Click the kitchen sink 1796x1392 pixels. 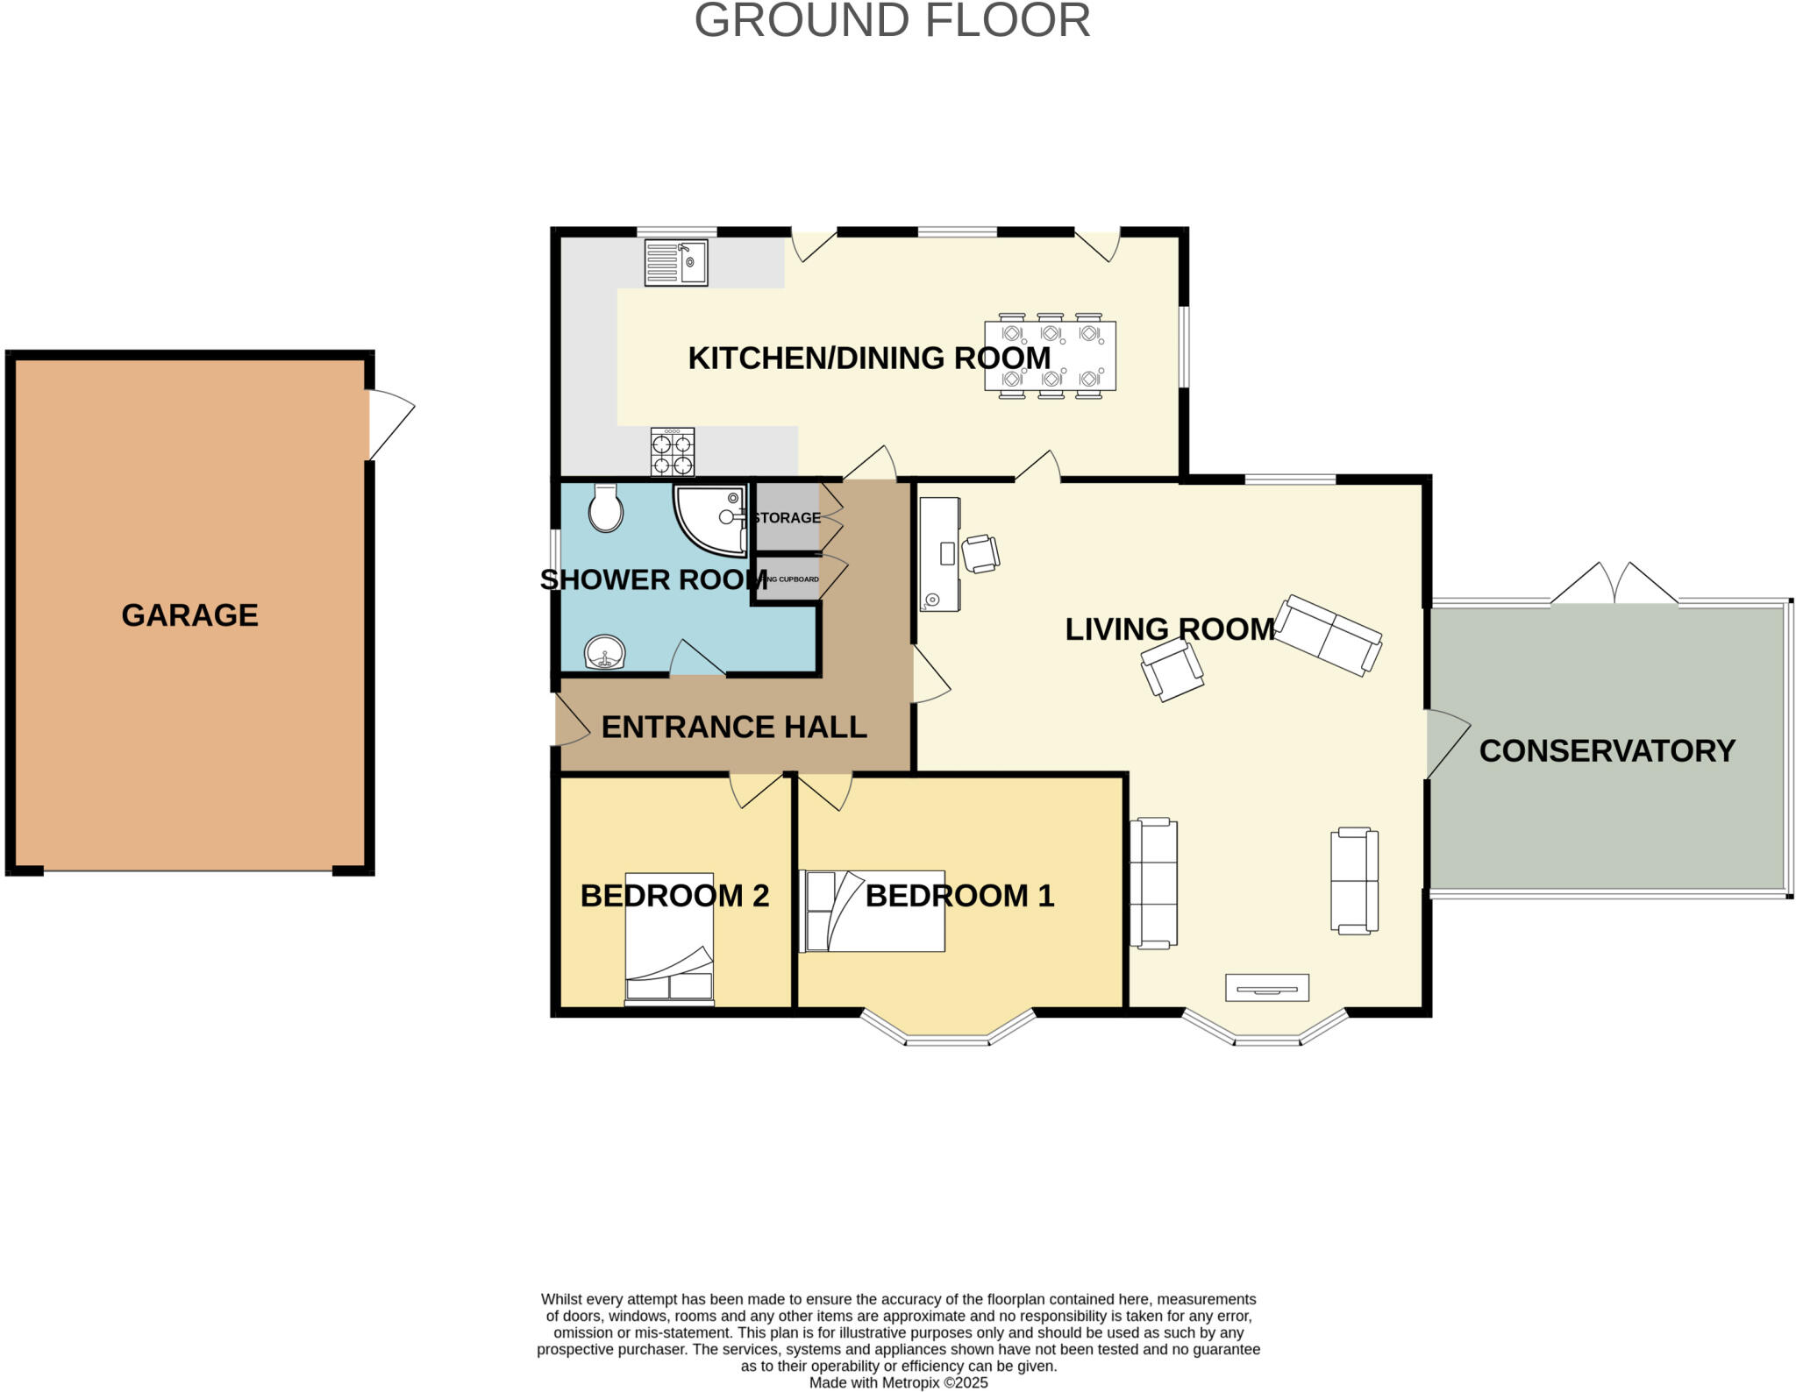(x=676, y=262)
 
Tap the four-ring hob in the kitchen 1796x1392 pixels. (x=673, y=451)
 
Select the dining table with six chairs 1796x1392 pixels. (x=1051, y=356)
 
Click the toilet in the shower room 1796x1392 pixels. (x=606, y=508)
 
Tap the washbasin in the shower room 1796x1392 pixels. (x=605, y=652)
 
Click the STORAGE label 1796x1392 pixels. (x=787, y=518)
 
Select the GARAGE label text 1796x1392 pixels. (x=189, y=615)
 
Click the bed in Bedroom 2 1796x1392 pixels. (x=669, y=938)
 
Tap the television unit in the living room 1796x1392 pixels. (x=1267, y=987)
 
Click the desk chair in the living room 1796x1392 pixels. (x=980, y=554)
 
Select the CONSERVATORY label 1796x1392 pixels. (x=1607, y=751)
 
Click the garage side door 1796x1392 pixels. (x=391, y=424)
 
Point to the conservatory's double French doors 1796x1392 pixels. (x=1614, y=584)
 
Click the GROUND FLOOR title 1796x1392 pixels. (x=892, y=20)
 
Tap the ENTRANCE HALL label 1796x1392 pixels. (x=734, y=728)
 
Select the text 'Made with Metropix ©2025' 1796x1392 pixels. (x=898, y=1382)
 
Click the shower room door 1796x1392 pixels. (x=698, y=658)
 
